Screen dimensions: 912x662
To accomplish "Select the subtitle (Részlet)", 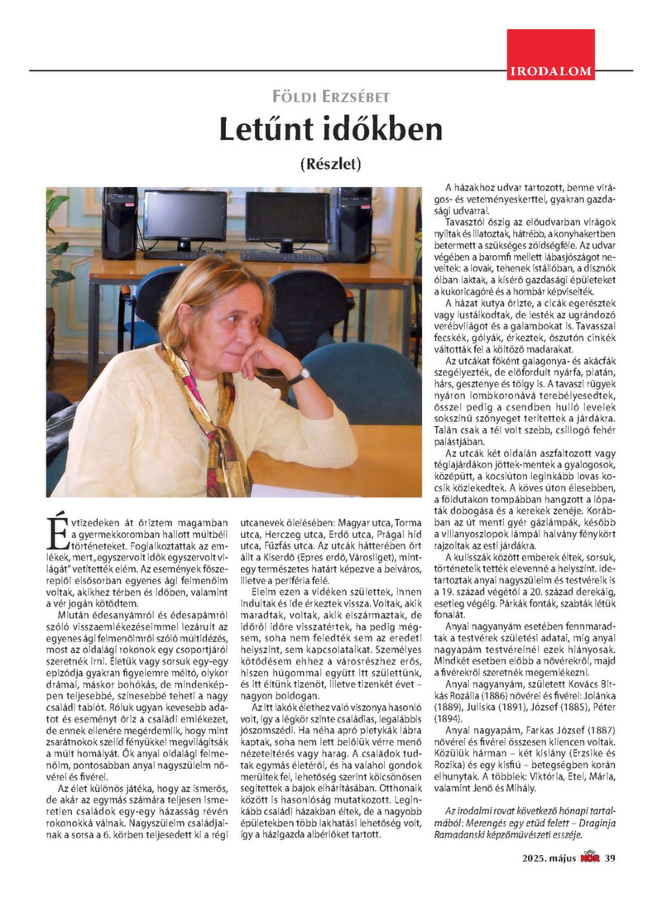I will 330,163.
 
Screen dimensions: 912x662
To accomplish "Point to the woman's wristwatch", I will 298,377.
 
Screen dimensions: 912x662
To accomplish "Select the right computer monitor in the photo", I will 286,218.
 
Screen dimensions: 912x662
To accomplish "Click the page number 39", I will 611,881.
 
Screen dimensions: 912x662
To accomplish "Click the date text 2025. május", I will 540,881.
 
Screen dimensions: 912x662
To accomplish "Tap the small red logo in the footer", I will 589,881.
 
